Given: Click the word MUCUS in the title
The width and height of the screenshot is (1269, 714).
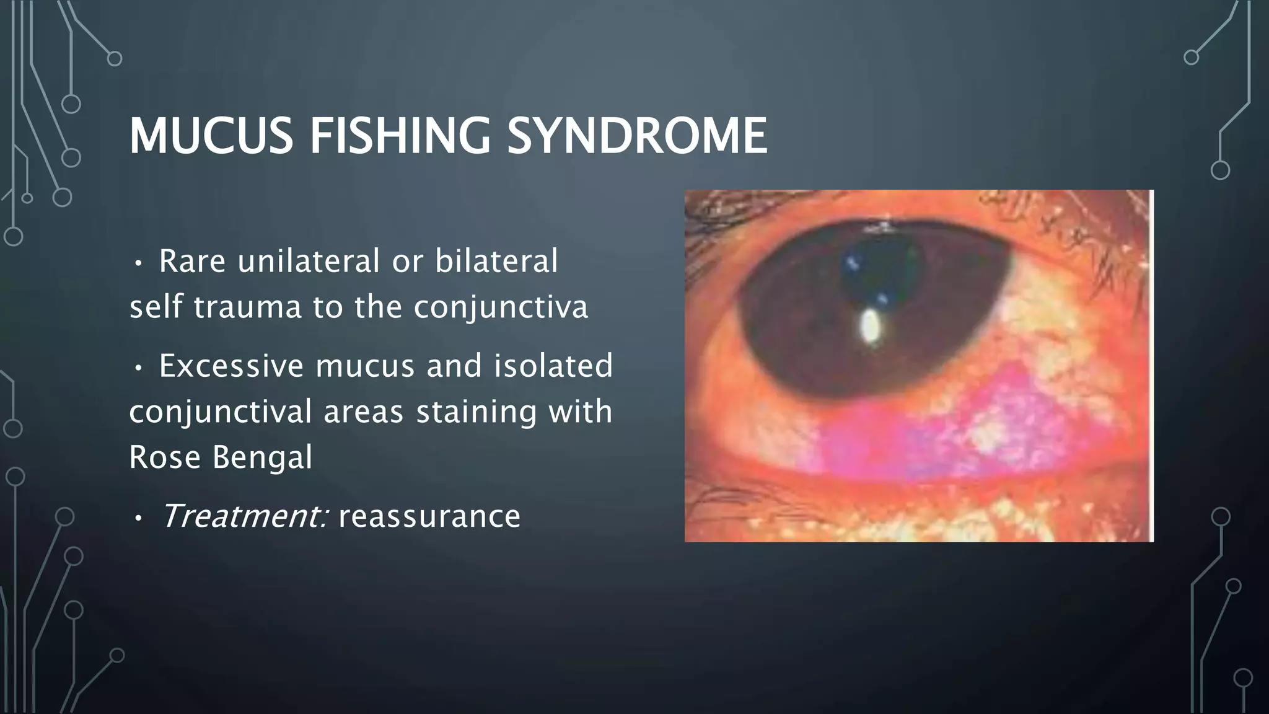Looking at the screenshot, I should [x=211, y=136].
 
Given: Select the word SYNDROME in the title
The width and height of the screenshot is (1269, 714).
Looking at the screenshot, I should [x=637, y=136].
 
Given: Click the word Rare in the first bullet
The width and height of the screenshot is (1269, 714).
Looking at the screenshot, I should [x=192, y=261].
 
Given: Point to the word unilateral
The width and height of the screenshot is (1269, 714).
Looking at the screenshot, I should [x=309, y=261].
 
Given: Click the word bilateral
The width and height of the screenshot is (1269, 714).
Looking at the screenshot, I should [x=496, y=261].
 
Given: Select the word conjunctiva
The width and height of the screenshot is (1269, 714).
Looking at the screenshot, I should [x=501, y=308].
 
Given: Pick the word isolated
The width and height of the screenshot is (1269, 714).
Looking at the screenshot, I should [x=553, y=366].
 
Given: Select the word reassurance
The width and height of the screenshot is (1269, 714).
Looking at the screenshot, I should [x=429, y=517].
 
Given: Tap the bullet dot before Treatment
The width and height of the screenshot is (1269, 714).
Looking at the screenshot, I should [x=138, y=518].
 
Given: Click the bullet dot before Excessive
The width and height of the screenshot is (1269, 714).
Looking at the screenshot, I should [x=138, y=368].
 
